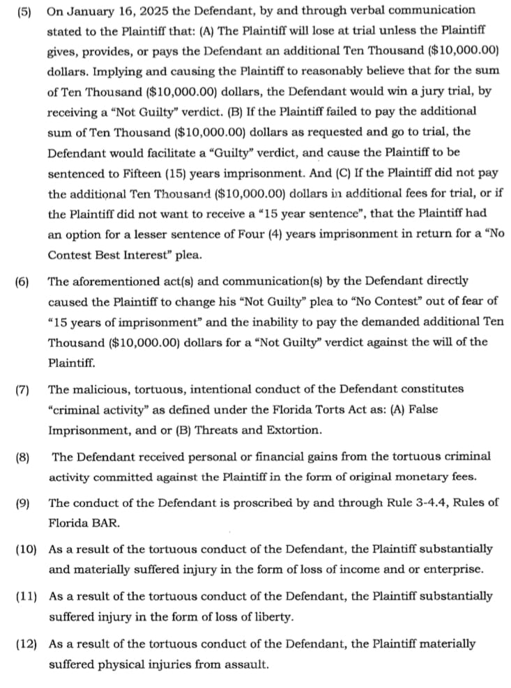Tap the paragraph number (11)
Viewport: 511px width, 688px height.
(x=26, y=596)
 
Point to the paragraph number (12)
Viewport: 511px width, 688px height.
(x=26, y=644)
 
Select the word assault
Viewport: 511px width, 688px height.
(x=247, y=665)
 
